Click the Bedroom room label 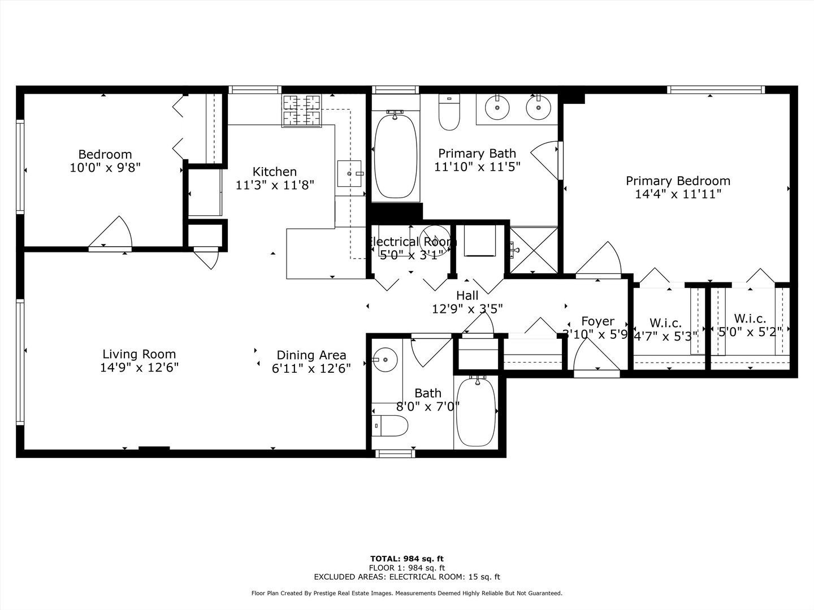105,154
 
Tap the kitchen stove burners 301,110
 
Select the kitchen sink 349,174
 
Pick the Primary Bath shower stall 534,249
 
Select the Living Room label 138,354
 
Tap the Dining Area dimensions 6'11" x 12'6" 311,368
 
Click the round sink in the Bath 385,359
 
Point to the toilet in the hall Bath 390,425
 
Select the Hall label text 467,295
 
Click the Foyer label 597,321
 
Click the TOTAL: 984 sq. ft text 407,559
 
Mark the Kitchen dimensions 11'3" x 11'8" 275,185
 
